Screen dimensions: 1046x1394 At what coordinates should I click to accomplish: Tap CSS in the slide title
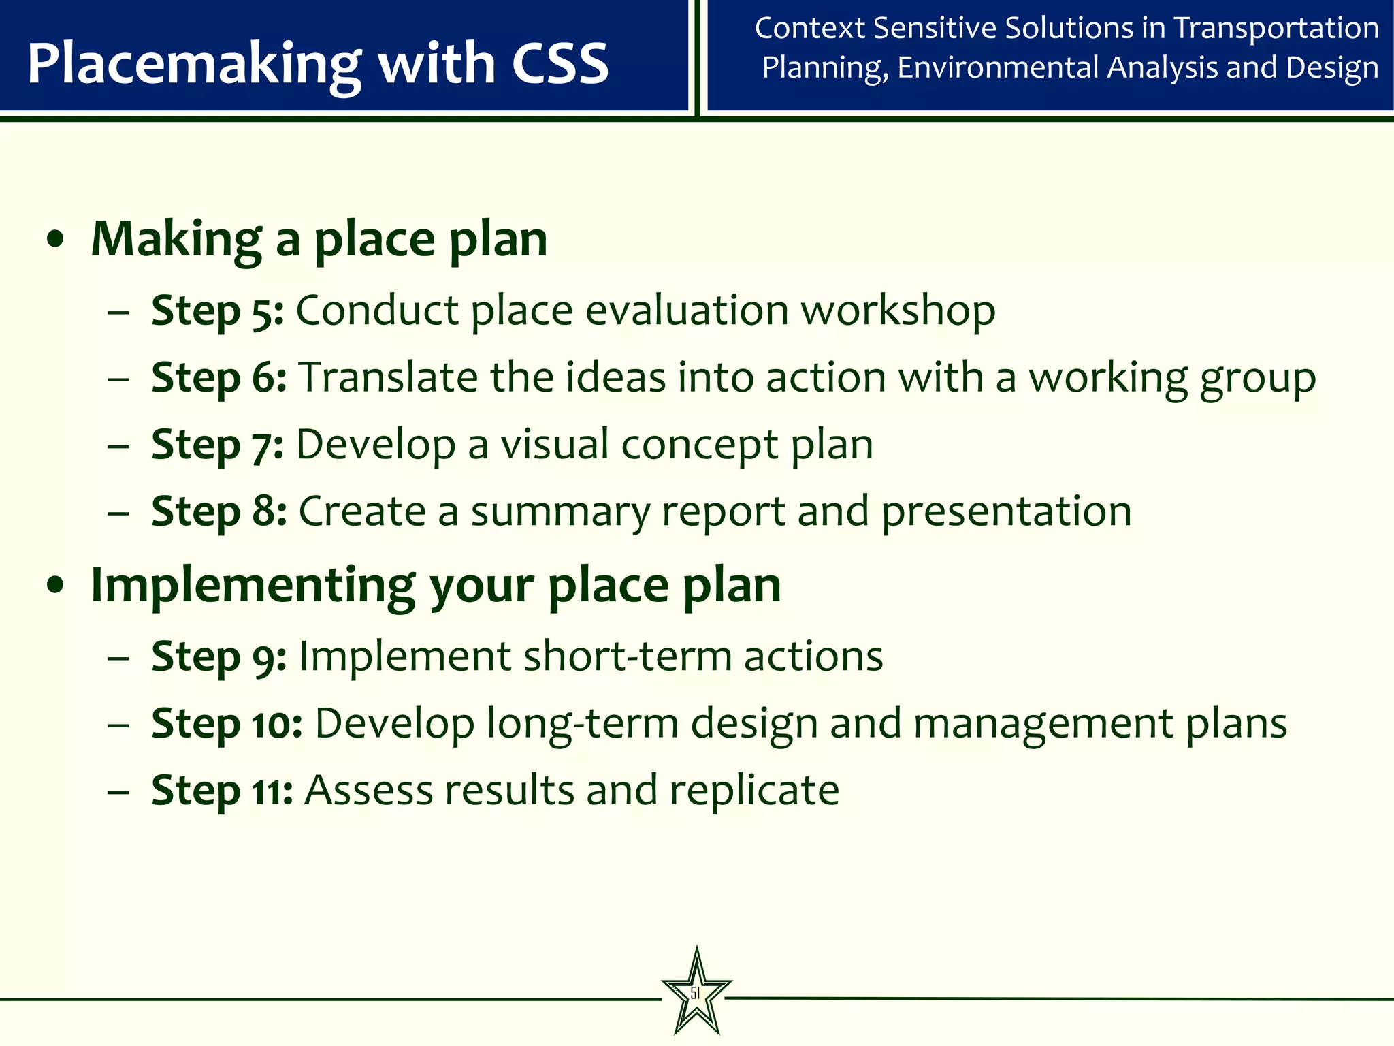click(x=560, y=63)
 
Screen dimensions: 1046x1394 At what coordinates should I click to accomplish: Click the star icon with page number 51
click(x=696, y=993)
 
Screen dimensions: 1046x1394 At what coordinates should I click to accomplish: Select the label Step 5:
click(x=217, y=311)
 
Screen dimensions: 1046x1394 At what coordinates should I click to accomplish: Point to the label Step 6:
click(x=218, y=378)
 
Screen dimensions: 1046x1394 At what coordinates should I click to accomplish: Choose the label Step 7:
click(x=217, y=445)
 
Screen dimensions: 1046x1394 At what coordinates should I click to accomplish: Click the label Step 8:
click(x=218, y=511)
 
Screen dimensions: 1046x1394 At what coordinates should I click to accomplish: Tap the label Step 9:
click(x=218, y=656)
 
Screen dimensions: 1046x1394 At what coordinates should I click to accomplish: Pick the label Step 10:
click(x=227, y=723)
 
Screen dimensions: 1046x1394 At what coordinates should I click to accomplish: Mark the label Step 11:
click(x=222, y=790)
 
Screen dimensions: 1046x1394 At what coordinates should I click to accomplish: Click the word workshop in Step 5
click(x=898, y=311)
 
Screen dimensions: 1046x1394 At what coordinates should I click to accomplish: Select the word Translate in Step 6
click(x=388, y=378)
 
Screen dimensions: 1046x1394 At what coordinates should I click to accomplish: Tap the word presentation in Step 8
click(x=1006, y=512)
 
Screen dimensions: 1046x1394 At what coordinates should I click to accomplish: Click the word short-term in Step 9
click(x=627, y=656)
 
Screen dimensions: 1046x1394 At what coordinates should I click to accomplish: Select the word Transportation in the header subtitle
click(x=1276, y=29)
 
